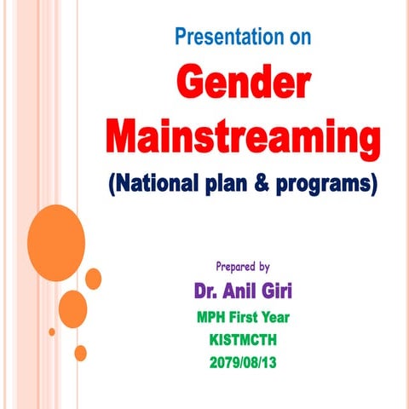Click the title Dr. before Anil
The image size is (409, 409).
tap(210, 291)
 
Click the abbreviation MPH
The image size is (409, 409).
tap(214, 318)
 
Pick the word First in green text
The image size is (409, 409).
tap(254, 318)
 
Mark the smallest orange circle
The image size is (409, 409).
tap(51, 331)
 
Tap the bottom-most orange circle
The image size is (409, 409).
tap(80, 352)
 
